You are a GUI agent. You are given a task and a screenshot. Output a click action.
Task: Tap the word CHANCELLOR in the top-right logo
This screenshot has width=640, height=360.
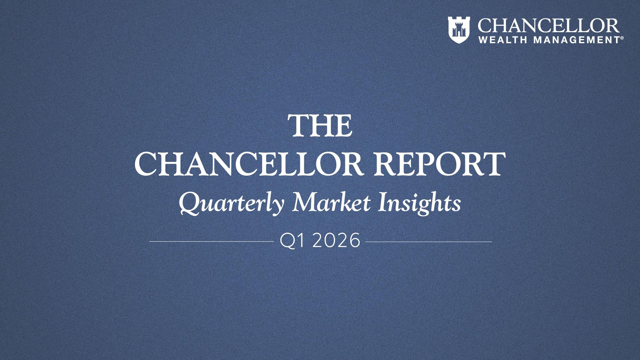tap(548, 26)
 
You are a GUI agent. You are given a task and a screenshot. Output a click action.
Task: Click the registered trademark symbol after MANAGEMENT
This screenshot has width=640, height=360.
tap(622, 38)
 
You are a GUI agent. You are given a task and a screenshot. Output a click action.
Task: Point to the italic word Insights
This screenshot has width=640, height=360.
tap(419, 204)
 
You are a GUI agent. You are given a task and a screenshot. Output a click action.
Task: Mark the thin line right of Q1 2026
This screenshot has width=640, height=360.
tap(428, 242)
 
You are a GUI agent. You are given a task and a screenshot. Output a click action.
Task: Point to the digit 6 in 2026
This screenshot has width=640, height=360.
tap(354, 242)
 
